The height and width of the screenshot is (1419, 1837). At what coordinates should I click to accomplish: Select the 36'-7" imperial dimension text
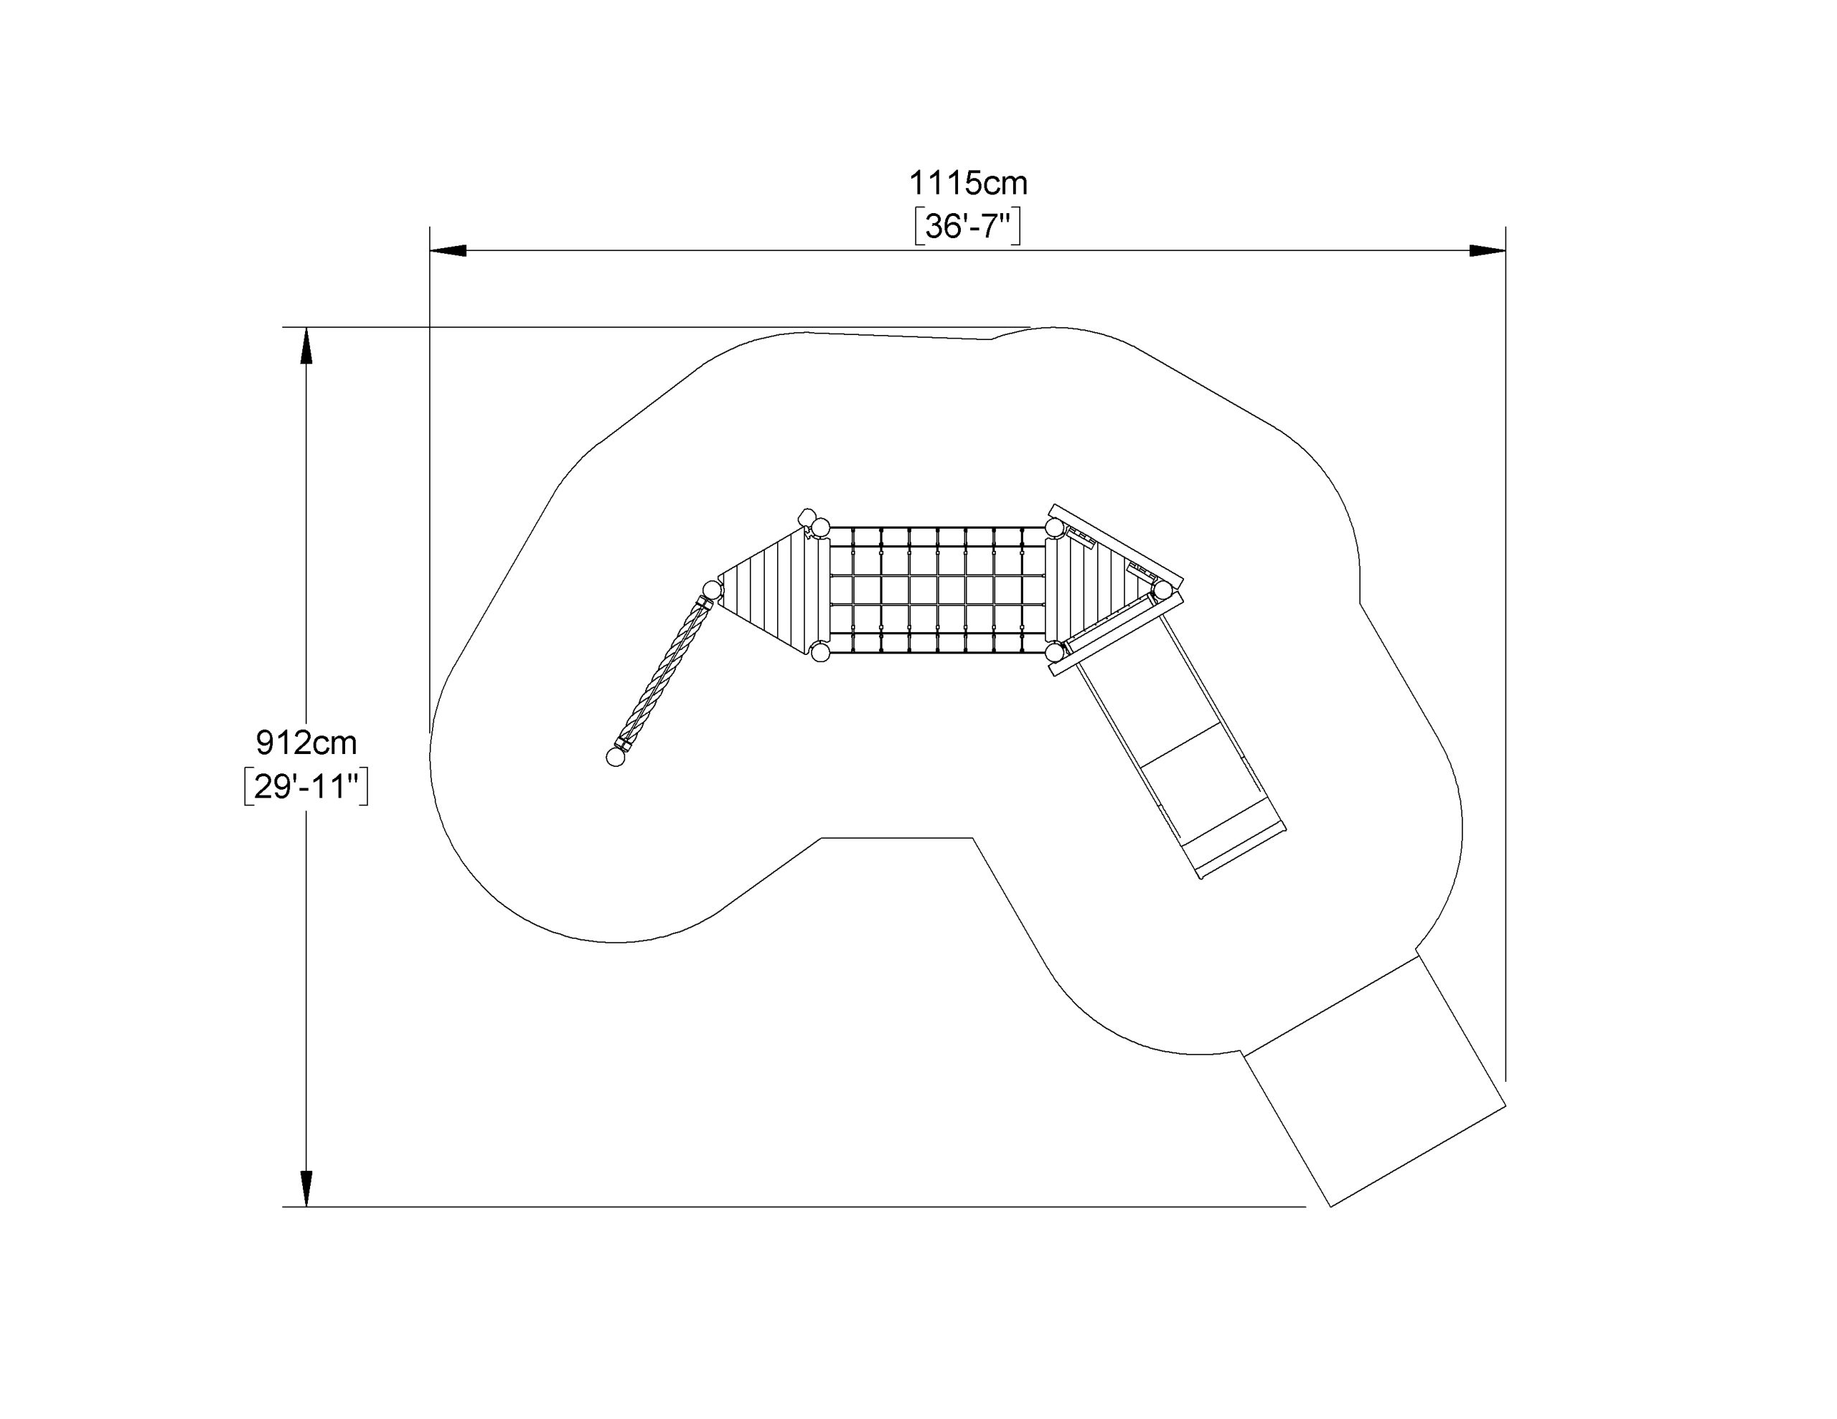[x=967, y=226]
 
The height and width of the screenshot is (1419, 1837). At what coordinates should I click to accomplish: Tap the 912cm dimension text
[x=306, y=742]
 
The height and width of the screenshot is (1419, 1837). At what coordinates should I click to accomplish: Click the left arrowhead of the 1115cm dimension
[x=448, y=250]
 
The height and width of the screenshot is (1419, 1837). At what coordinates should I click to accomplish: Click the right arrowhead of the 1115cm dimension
[x=1487, y=250]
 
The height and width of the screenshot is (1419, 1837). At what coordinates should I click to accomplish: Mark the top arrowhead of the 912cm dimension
[x=306, y=346]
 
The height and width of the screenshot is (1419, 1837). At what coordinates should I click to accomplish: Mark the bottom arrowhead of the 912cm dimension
[x=306, y=1189]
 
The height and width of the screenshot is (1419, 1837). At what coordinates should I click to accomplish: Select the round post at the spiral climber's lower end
[x=616, y=758]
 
